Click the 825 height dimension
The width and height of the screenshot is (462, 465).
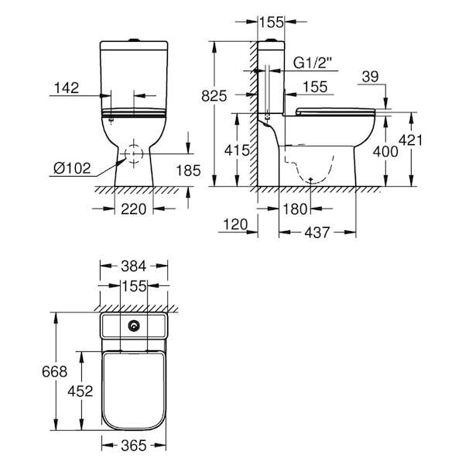[214, 96]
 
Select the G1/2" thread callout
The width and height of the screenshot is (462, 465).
[313, 63]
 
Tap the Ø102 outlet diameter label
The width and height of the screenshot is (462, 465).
[72, 168]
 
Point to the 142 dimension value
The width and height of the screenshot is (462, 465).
[67, 88]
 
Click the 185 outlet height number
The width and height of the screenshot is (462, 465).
[188, 170]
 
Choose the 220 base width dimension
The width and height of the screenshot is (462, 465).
[134, 209]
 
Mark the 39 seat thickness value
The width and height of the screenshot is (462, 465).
[371, 77]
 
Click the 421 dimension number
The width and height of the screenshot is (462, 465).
[410, 140]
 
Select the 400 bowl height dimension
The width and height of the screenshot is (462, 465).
[385, 152]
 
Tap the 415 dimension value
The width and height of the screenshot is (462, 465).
[237, 150]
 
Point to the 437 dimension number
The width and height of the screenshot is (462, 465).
[317, 232]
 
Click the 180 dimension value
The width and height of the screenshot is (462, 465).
[295, 209]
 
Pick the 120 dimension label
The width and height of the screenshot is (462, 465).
[235, 225]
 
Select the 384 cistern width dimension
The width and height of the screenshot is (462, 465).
[134, 267]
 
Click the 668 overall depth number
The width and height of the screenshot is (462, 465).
[54, 371]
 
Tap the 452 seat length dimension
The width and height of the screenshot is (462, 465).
[80, 391]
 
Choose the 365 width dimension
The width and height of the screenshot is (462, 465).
[134, 446]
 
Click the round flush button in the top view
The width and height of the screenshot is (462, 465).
[134, 326]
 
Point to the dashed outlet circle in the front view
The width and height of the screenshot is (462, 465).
[134, 153]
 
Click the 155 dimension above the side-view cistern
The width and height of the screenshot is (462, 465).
[272, 22]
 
